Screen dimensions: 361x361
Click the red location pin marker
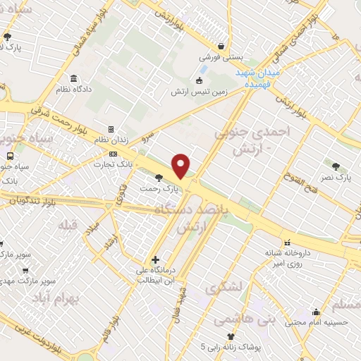point(181,166)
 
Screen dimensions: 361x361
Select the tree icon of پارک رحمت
point(158,177)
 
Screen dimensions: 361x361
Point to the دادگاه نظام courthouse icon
point(73,79)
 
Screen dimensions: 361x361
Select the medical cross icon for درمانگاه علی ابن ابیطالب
point(156,259)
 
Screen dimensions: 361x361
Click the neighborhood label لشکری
point(224,288)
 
